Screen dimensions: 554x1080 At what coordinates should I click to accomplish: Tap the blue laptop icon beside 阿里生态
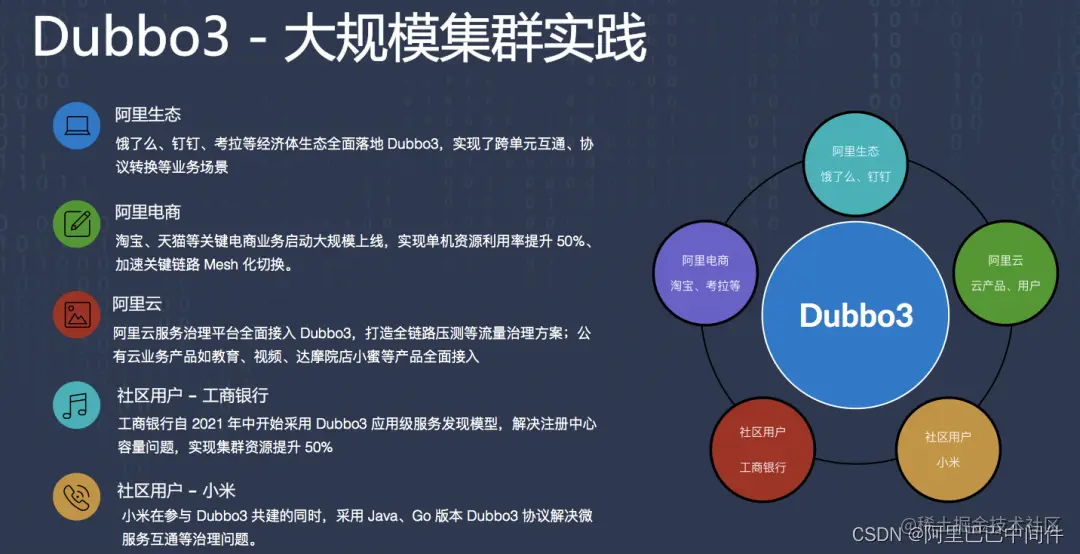click(77, 126)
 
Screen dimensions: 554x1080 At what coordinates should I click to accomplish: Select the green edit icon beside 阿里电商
click(77, 222)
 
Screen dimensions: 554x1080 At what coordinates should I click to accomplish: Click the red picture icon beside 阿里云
click(77, 315)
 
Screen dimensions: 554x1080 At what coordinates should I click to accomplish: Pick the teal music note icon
click(77, 405)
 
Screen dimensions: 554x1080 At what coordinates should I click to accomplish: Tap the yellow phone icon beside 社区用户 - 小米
click(77, 497)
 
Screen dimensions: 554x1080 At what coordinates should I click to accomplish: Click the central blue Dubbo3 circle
click(855, 314)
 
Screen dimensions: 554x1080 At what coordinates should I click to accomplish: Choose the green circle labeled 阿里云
click(1004, 272)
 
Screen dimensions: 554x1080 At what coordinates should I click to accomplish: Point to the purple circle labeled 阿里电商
click(705, 272)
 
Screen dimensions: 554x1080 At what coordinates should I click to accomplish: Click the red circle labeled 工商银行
click(762, 449)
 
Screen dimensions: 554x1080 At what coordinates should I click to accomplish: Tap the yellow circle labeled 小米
click(947, 449)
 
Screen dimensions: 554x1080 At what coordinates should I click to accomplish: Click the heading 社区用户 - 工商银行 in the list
click(192, 396)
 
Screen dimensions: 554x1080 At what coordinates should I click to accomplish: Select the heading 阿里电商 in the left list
click(147, 212)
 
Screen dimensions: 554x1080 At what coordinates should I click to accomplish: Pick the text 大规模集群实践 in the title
click(464, 41)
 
